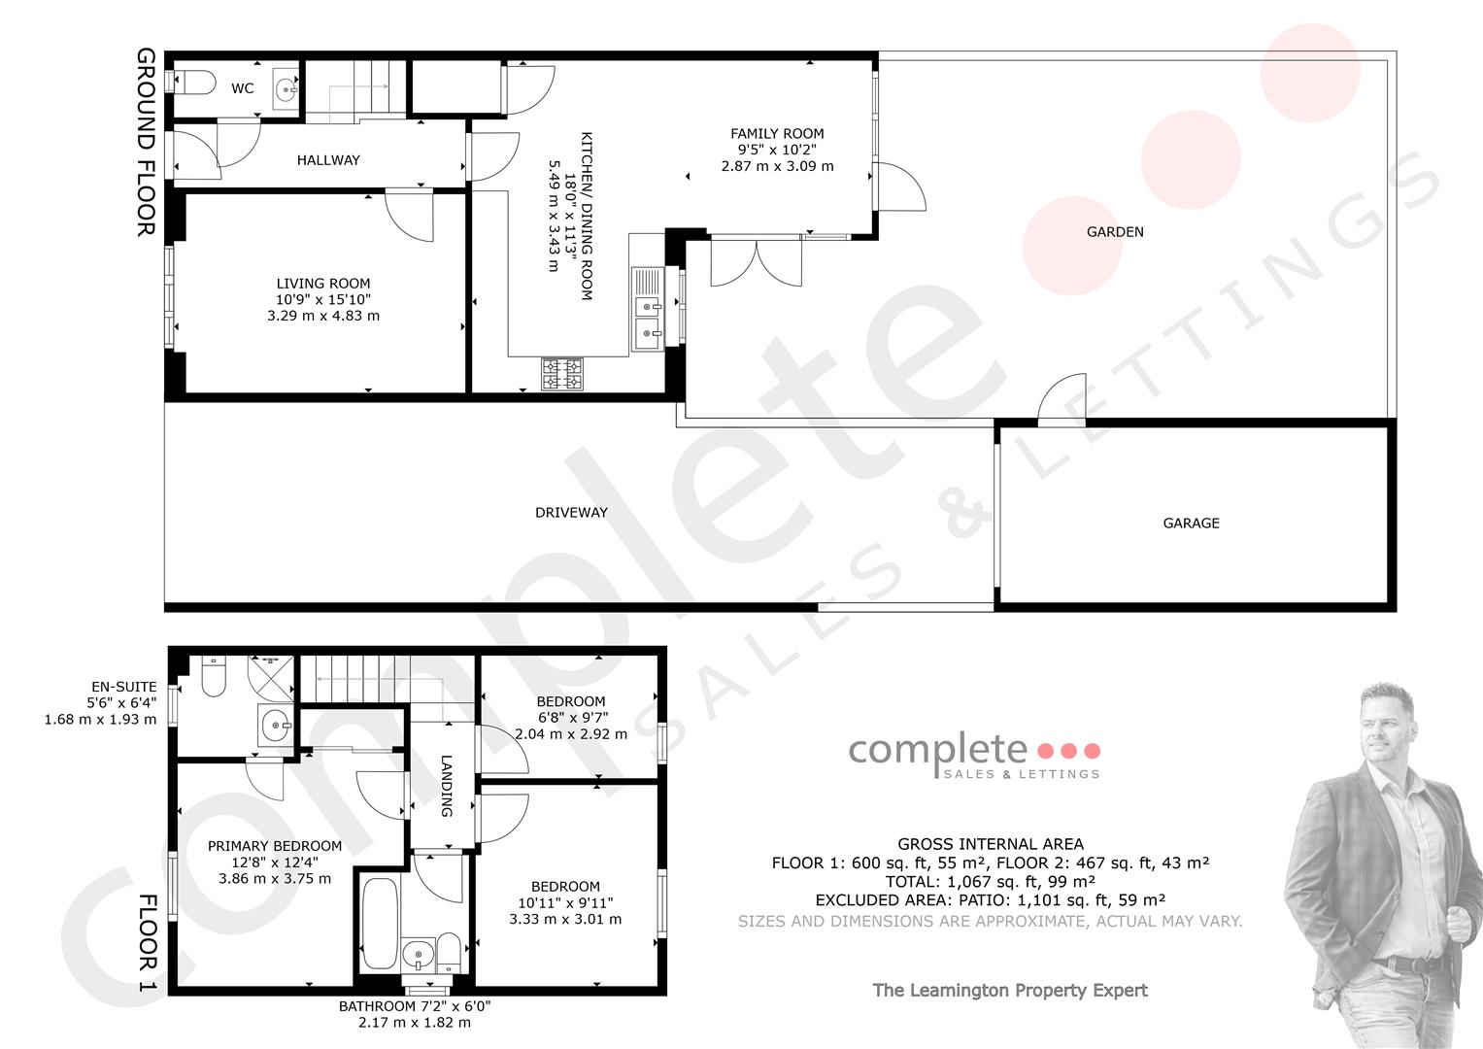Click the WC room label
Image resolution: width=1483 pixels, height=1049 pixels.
tap(243, 88)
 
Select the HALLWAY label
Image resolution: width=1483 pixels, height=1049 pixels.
tap(328, 160)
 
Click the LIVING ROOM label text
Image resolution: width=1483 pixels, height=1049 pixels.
tap(323, 284)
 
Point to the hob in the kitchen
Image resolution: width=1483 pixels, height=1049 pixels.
tap(562, 374)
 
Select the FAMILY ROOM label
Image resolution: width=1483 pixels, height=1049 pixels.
tap(777, 134)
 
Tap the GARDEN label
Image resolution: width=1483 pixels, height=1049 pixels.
tap(1115, 232)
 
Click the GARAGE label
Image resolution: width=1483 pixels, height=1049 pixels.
tap(1191, 524)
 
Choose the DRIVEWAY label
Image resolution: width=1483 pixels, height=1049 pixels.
tap(571, 513)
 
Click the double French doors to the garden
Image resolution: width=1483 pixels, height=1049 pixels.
tap(756, 263)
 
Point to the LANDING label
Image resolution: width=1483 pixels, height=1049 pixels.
tap(447, 786)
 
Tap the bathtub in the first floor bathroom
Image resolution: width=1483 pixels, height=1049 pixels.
tap(380, 924)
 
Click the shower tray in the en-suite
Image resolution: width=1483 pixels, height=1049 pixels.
tap(271, 679)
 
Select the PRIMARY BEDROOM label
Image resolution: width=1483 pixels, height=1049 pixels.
tap(275, 846)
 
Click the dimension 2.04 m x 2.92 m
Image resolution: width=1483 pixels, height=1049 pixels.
tap(571, 734)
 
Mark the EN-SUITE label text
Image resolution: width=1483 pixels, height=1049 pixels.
tap(123, 688)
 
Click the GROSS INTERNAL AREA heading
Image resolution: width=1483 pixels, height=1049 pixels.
tap(991, 844)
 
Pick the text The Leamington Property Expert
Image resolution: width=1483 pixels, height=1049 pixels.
tap(1010, 990)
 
